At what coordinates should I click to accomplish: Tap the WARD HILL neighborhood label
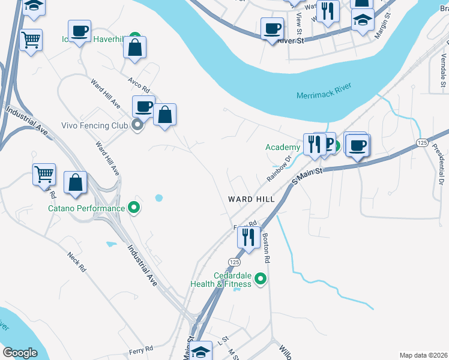click(251, 199)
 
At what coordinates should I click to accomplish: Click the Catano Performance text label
click(86, 209)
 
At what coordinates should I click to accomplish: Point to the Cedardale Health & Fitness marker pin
click(260, 278)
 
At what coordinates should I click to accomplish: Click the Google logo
click(20, 353)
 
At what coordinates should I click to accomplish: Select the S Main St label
click(308, 178)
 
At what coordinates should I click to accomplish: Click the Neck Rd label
click(74, 262)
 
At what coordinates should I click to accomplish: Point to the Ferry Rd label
click(141, 349)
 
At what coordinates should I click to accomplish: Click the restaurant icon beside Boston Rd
click(248, 236)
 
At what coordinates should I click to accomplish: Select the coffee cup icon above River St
click(272, 28)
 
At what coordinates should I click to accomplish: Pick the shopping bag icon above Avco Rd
click(135, 47)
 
